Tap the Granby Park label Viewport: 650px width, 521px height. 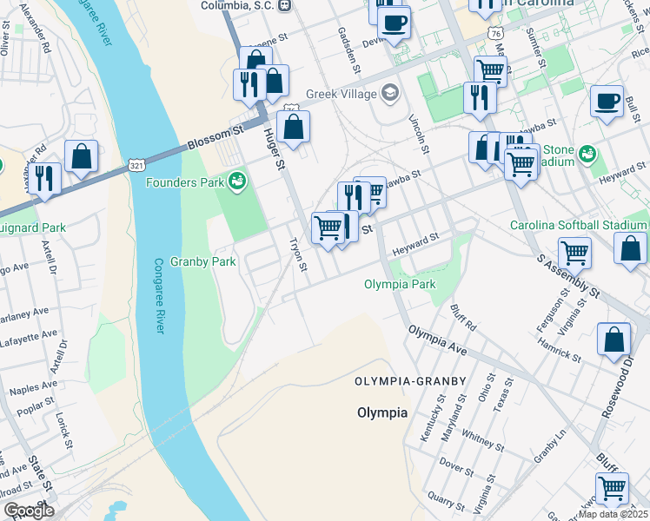click(x=203, y=261)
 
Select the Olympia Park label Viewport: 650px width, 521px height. click(x=399, y=284)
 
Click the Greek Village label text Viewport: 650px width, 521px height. click(x=342, y=94)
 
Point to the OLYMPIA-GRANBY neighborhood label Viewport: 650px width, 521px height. click(x=411, y=381)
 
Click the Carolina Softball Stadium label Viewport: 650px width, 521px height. click(x=579, y=225)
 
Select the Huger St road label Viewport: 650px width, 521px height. click(x=275, y=148)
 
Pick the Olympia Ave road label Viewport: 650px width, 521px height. click(x=438, y=341)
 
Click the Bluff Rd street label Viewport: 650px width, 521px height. click(x=464, y=317)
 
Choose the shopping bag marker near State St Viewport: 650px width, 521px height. click(x=81, y=157)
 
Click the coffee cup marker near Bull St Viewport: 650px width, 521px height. click(x=607, y=101)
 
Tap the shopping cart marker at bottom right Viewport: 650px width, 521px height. click(x=613, y=489)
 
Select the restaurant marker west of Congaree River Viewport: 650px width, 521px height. click(x=44, y=178)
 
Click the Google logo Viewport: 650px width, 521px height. click(x=29, y=511)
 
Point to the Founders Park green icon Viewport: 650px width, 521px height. click(x=236, y=181)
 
